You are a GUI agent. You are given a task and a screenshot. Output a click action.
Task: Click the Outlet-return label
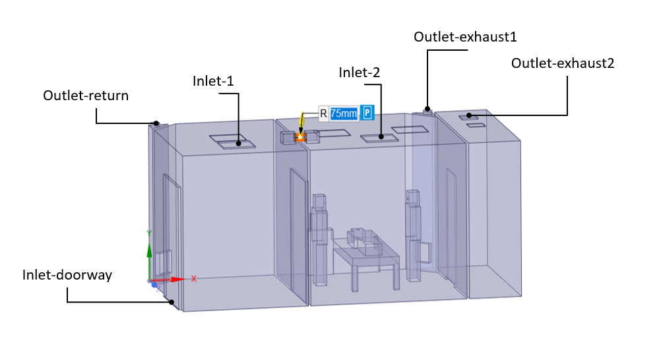[86, 96]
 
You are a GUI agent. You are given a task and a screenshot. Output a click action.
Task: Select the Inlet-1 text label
[213, 81]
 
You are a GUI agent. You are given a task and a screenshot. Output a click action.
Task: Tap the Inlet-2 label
[359, 73]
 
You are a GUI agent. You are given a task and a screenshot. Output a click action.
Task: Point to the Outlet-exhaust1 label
[465, 37]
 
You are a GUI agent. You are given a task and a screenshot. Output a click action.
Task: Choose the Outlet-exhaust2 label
[563, 63]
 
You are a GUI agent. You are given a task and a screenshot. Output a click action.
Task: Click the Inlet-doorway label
[67, 275]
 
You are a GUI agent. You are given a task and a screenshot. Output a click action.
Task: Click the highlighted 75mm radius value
[344, 113]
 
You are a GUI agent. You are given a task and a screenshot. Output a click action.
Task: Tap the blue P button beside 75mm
[367, 113]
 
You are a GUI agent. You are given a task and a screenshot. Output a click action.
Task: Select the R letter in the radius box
[323, 113]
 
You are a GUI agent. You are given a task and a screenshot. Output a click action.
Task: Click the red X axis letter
[194, 279]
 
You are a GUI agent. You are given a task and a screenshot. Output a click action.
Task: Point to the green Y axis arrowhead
[149, 251]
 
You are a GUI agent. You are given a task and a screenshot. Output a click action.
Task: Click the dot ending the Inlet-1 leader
[239, 143]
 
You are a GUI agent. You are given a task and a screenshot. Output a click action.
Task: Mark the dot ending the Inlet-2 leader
[381, 136]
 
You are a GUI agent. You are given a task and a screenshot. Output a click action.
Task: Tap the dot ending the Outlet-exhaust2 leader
[469, 115]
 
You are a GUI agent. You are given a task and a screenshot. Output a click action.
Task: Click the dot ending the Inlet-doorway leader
[172, 302]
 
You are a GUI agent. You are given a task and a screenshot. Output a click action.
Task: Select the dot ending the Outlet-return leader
[156, 123]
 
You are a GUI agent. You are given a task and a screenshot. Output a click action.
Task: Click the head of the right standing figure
[413, 197]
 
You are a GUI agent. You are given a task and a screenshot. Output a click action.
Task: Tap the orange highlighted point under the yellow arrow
[299, 136]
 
